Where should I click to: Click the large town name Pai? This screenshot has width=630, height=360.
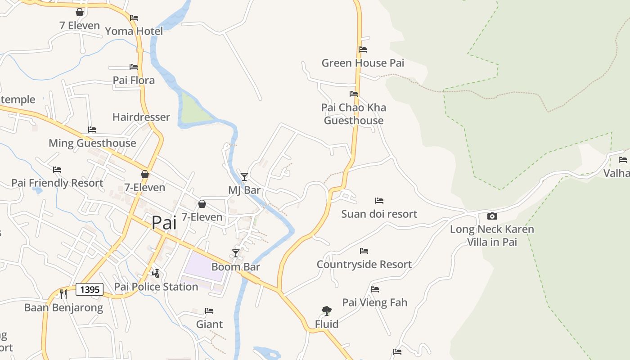[x=164, y=223]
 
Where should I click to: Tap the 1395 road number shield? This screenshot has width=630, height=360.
[x=90, y=289]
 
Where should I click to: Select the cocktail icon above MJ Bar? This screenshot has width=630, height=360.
[x=244, y=176]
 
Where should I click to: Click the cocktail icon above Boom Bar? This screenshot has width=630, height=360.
[x=236, y=253]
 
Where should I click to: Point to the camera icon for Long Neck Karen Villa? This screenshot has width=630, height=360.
[x=492, y=216]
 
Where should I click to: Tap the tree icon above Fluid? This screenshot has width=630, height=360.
[x=327, y=310]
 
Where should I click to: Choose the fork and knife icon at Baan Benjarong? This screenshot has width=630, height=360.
[x=63, y=294]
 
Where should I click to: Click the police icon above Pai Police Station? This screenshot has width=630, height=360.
[x=156, y=273]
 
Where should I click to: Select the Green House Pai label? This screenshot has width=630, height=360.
[x=363, y=63]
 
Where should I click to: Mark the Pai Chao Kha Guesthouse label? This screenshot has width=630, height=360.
[x=354, y=114]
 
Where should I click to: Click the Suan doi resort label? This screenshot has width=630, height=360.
[x=379, y=214]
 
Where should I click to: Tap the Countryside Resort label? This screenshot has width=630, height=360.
[x=364, y=264]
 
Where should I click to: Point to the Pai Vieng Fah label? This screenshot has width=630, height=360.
[x=374, y=302]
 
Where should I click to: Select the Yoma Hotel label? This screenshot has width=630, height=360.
[x=134, y=31]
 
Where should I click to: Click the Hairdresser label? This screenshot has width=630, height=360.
[x=141, y=117]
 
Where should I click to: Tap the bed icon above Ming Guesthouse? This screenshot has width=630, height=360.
[x=92, y=130]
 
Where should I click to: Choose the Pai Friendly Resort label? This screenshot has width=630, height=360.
[x=57, y=183]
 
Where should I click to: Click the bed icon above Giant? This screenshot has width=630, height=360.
[x=209, y=310]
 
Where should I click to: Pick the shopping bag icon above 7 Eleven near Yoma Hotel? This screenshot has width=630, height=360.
[x=80, y=12]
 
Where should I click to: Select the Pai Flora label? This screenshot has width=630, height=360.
[x=134, y=81]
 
